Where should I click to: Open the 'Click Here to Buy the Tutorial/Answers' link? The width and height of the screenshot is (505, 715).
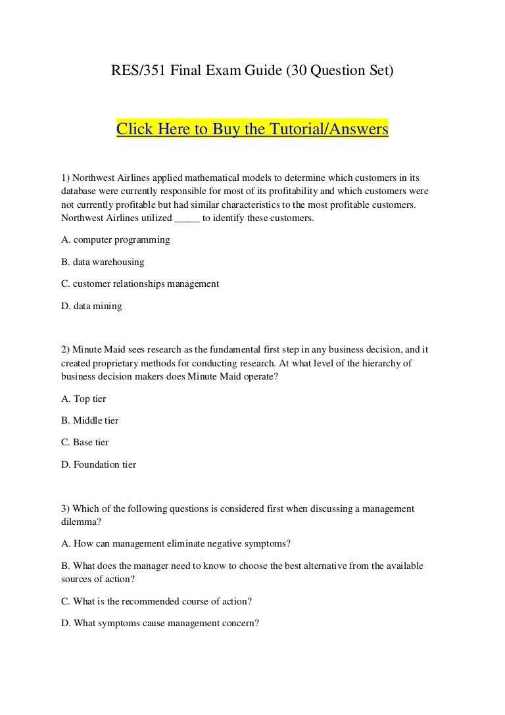click(x=252, y=129)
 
